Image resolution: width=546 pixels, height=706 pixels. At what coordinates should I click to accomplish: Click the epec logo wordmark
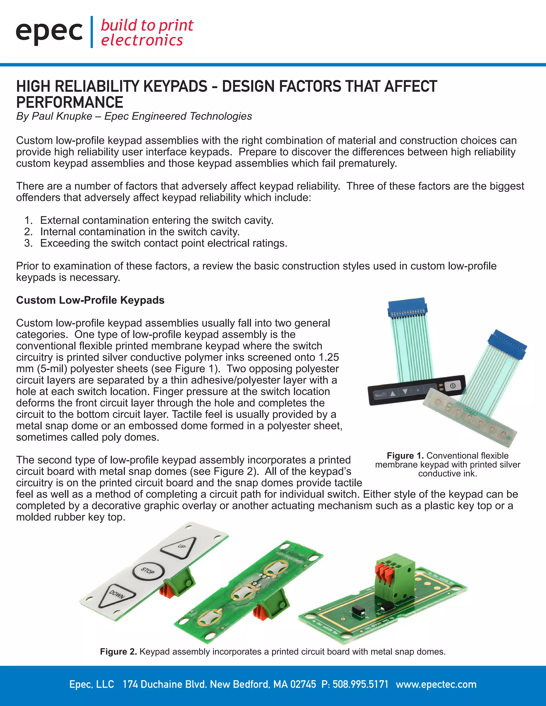[x=49, y=32]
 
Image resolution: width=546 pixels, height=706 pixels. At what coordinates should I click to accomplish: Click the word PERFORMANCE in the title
[x=70, y=103]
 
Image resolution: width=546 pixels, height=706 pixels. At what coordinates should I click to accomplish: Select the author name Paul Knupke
[x=62, y=116]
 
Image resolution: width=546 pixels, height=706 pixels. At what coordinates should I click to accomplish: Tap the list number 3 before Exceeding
[x=28, y=243]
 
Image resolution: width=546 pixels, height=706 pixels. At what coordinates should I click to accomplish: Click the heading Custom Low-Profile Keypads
[x=90, y=300]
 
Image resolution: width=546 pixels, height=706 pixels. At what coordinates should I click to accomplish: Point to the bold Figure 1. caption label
[x=405, y=456]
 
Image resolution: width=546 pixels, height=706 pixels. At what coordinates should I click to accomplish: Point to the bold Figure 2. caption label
[x=118, y=651]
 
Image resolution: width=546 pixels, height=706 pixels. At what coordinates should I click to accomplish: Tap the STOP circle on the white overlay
[x=148, y=571]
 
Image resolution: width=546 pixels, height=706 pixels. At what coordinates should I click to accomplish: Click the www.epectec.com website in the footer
[x=436, y=684]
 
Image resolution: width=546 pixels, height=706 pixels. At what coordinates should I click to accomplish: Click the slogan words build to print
[x=147, y=26]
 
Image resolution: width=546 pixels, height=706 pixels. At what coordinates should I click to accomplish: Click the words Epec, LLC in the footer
[x=91, y=684]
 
